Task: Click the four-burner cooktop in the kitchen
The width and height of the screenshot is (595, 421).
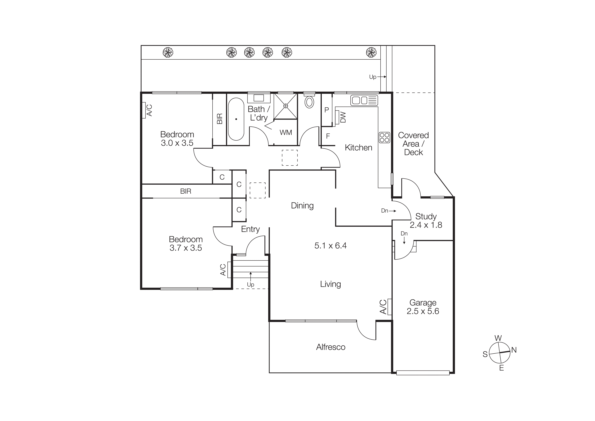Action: coord(384,138)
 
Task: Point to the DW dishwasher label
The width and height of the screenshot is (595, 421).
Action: coord(343,117)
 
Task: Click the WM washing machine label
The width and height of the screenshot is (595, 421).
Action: coord(286,133)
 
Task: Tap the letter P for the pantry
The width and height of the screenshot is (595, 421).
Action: coord(327,110)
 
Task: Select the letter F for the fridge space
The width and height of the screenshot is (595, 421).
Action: coord(328,136)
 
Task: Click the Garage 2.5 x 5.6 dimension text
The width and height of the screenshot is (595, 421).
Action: coord(423,311)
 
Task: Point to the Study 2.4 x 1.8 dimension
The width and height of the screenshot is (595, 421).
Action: coord(426,225)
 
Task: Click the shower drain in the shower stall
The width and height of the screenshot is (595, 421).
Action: coord(286,106)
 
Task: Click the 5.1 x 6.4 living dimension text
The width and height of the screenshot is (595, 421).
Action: coord(330,246)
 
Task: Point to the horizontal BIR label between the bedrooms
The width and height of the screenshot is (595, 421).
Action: coord(186,191)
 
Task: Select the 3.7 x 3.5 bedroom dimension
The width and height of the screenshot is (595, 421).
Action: coord(186,248)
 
